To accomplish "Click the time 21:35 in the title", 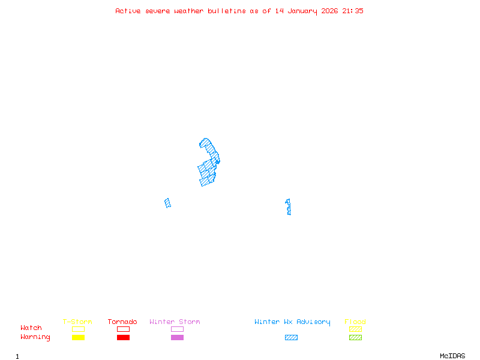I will [353, 11].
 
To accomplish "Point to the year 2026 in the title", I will [330, 11].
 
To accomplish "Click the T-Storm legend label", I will [77, 322].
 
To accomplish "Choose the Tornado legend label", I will [122, 322].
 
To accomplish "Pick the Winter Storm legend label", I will [175, 322].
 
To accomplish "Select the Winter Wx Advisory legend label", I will [292, 322].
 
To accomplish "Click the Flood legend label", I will [355, 322].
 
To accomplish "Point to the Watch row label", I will [31, 328].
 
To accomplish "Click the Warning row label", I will [35, 337].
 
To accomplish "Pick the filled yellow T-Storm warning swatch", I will [78, 338].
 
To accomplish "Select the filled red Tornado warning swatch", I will [123, 338].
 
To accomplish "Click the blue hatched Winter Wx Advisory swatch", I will [291, 338].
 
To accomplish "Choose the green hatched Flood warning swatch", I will [355, 338].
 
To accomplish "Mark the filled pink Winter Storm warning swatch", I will [177, 338].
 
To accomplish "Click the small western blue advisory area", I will [168, 203].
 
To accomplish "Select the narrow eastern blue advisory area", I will [289, 207].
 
